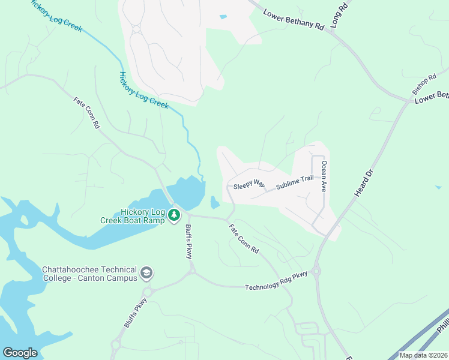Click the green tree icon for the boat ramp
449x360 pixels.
click(174, 215)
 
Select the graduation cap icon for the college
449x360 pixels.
click(146, 274)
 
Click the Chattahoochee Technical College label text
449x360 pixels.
click(89, 274)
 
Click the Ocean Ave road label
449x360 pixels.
click(324, 176)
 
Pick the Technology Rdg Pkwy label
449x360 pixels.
click(276, 281)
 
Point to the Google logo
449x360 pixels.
click(20, 353)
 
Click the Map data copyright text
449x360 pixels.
click(423, 355)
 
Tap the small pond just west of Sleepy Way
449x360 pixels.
click(215, 202)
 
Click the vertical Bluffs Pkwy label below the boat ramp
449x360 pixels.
click(188, 242)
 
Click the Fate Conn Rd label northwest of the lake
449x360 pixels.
click(86, 113)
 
